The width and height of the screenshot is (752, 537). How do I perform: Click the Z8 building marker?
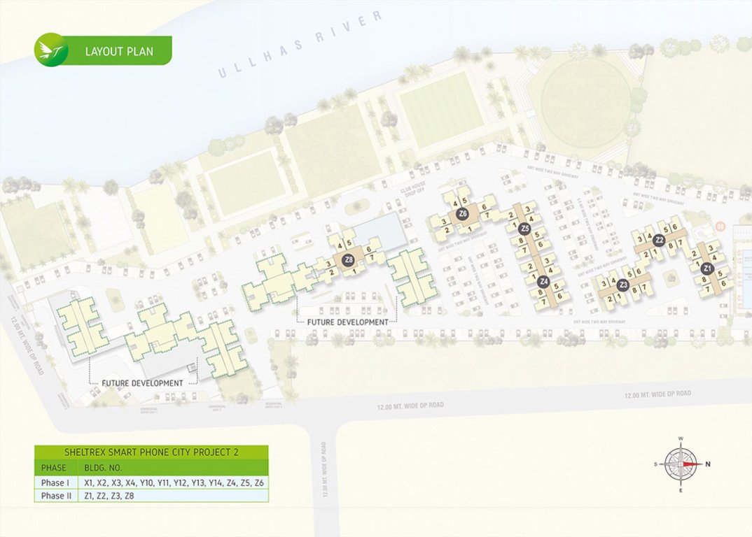348,260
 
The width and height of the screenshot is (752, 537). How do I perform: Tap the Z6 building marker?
462,213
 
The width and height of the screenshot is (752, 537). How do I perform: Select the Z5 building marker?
524,228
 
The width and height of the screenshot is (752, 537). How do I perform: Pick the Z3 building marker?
623,285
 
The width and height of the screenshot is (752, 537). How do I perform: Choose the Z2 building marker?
659,240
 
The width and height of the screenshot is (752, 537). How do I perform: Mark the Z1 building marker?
707,268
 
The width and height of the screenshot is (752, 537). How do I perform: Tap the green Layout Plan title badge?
119,51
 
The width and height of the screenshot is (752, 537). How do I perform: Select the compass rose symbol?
681,464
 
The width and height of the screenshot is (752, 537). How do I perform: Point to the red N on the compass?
708,464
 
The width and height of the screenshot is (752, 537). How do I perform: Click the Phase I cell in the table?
55,482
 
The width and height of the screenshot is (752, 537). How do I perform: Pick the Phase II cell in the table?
56,496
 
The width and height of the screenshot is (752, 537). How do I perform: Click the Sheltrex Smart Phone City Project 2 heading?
151,452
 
